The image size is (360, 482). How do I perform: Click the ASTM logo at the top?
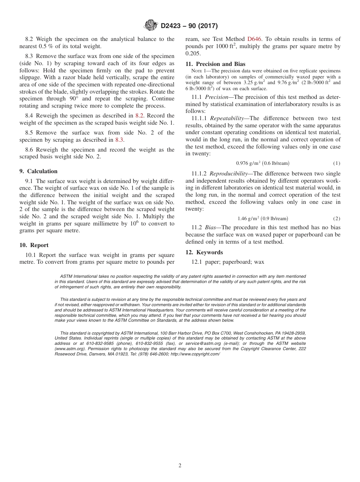pos(151,26)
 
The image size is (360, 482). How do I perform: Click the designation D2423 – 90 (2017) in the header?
pos(189,26)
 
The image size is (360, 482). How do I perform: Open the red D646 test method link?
pos(254,39)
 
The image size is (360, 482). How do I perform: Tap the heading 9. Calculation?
pos(38,171)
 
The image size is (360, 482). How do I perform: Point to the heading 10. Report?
pos(34,245)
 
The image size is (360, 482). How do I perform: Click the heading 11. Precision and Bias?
pos(215,64)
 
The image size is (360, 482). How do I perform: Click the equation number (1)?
pos(337,163)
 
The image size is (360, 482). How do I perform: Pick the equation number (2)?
pos(337,219)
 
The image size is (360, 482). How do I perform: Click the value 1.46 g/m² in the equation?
pos(248,219)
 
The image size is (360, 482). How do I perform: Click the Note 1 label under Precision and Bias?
pos(199,71)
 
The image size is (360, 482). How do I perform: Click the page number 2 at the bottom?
pos(180,466)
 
